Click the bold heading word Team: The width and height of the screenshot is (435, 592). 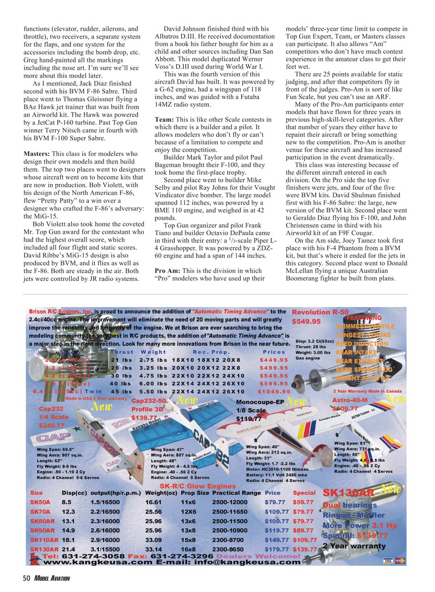point(165,120)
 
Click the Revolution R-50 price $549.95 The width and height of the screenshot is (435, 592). point(306,321)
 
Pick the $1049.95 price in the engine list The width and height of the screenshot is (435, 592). point(274,391)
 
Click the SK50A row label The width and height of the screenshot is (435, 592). point(39,502)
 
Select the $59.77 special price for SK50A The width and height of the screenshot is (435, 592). point(303,502)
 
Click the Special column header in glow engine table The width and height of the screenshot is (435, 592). point(304,493)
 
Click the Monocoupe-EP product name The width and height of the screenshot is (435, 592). point(260,402)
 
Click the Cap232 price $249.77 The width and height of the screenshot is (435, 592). point(52,425)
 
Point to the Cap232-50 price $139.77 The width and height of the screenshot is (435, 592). point(147,417)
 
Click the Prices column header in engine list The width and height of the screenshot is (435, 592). point(274,352)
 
